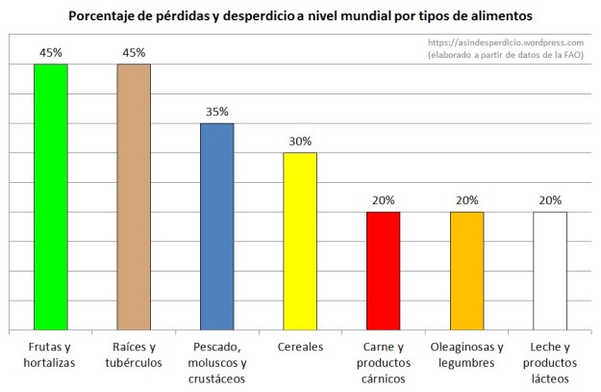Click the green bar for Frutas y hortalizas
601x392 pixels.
click(x=50, y=197)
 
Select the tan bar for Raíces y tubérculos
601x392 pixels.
click(x=134, y=197)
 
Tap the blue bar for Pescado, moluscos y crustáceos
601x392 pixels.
click(x=216, y=227)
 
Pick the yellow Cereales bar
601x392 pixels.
click(x=300, y=242)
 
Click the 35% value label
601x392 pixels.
click(x=216, y=112)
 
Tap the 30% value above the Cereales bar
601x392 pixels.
click(x=300, y=142)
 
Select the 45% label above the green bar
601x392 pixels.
click(x=50, y=52)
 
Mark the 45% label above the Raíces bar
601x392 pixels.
click(x=134, y=52)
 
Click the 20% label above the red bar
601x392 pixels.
click(x=383, y=200)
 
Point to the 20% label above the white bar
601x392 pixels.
click(x=549, y=200)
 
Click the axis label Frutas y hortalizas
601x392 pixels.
click(x=50, y=354)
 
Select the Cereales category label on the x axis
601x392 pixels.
click(x=300, y=348)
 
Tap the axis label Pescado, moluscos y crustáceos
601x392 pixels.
click(x=216, y=362)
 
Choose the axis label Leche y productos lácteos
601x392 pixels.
click(x=549, y=362)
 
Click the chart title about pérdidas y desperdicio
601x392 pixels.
click(x=300, y=15)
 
